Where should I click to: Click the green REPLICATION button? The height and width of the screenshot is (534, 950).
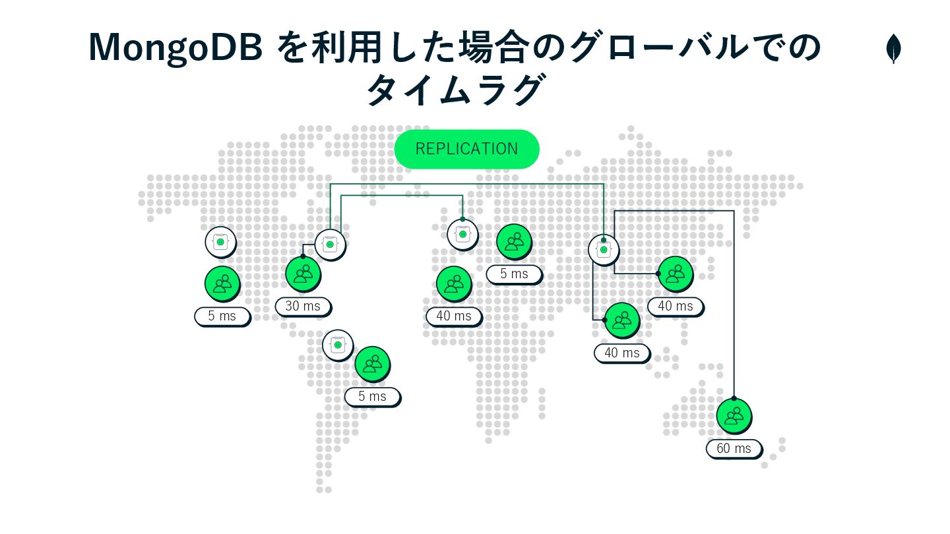point(466,149)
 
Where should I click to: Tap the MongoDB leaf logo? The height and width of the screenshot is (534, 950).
point(894,49)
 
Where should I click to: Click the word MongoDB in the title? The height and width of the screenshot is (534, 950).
point(177,48)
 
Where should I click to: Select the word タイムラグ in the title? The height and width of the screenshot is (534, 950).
point(456,90)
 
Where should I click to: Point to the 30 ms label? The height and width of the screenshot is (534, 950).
point(303,307)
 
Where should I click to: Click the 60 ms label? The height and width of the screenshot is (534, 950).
point(734,449)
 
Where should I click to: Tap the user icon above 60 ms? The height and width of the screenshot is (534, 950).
point(734,415)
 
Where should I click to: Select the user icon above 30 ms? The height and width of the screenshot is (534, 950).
point(303,273)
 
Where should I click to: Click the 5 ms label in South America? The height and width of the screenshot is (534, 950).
point(372,396)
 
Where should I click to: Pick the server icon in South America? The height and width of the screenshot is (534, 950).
point(338,344)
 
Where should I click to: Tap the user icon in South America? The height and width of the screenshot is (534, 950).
point(372,363)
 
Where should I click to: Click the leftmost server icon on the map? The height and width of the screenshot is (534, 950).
point(220,243)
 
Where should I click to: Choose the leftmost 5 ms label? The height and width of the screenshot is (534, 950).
point(222,316)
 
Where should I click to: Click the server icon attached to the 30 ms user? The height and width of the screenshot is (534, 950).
point(330,245)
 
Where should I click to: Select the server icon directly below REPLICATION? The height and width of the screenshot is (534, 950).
point(462,234)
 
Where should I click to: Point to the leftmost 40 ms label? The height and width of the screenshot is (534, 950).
point(454,316)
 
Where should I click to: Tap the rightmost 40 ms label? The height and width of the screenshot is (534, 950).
point(675,306)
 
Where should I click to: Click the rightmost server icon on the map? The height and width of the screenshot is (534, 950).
point(603,249)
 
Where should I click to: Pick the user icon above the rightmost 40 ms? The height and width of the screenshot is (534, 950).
point(675,273)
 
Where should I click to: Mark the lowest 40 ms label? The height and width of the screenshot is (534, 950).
point(621,353)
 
